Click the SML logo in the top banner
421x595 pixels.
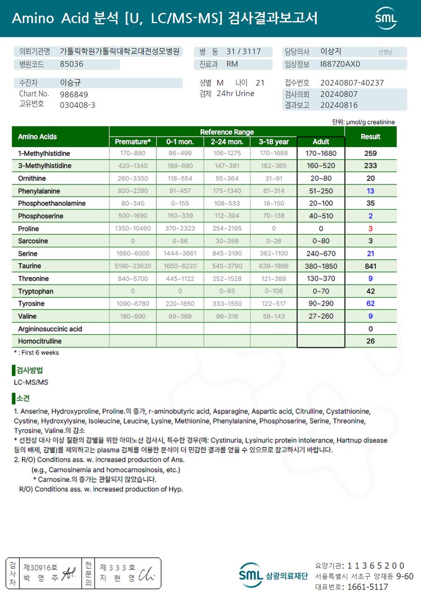(x=386, y=18)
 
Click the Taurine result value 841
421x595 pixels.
(x=370, y=266)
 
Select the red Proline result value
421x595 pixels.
(x=370, y=228)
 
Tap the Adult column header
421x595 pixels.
(x=321, y=141)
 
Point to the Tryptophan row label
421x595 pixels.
(x=36, y=291)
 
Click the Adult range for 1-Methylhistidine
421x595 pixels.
(x=321, y=154)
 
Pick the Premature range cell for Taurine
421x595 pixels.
(x=133, y=266)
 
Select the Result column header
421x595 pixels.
(x=370, y=137)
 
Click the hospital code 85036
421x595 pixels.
(x=72, y=64)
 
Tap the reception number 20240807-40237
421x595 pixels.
(x=352, y=83)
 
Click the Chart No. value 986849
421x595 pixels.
(x=74, y=94)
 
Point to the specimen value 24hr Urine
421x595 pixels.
(x=235, y=94)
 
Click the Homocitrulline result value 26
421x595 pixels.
(x=370, y=341)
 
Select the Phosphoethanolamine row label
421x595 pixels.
(x=52, y=204)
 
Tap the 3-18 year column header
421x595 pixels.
(x=274, y=141)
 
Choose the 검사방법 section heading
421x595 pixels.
(x=29, y=370)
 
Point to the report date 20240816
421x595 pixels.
(x=339, y=105)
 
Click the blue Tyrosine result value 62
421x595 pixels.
(x=370, y=303)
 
